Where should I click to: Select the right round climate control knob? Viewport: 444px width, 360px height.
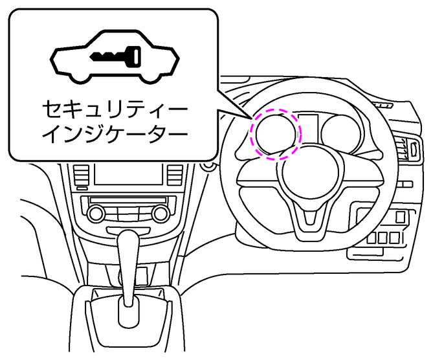point(160,213)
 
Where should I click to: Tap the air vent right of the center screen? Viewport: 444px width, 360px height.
point(175,174)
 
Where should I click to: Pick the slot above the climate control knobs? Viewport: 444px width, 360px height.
point(128,199)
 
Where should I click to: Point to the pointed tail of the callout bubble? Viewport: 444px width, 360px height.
point(249,117)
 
